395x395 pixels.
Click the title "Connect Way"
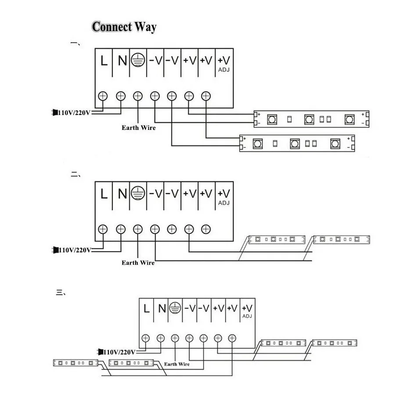coord(124,27)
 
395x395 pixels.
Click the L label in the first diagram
coord(104,61)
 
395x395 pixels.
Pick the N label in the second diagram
coord(122,194)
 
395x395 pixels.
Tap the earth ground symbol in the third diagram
coord(176,308)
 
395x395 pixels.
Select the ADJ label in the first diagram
coord(224,70)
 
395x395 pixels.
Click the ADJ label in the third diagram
coord(247,316)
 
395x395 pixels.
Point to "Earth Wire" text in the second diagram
coord(138,262)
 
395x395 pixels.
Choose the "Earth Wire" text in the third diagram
coord(177,364)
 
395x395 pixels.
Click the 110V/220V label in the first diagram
coord(74,113)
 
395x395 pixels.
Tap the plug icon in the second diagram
coord(55,250)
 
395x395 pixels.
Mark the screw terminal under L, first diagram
coord(103,96)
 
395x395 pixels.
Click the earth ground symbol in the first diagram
coord(138,61)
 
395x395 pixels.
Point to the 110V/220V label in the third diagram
coord(119,352)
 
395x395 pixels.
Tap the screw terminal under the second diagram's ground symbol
coord(138,229)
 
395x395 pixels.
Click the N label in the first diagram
coord(122,61)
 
